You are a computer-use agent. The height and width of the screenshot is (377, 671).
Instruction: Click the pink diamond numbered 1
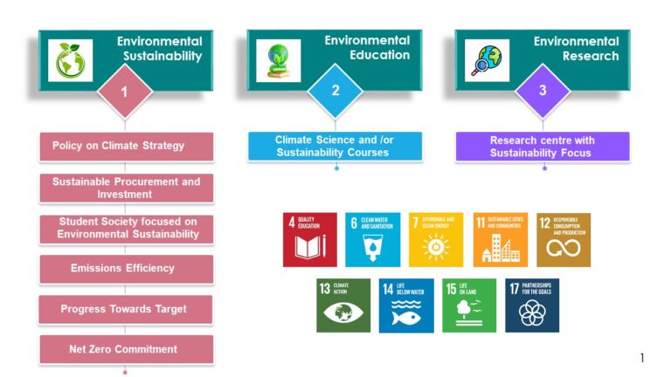point(125,91)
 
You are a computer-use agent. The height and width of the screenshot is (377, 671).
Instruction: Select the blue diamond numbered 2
point(335,91)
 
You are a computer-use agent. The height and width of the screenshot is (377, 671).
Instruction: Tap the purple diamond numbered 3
point(543,91)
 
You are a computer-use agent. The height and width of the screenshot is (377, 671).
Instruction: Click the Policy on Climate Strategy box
point(126,146)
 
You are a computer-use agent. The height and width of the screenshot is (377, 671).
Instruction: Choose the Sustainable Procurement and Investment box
point(126,188)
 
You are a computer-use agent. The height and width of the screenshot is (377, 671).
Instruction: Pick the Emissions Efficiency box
point(126,269)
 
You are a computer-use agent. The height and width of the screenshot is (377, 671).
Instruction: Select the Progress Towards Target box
point(126,310)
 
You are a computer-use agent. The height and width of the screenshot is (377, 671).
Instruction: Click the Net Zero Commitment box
point(126,350)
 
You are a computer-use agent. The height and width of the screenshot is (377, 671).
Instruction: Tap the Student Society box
point(126,229)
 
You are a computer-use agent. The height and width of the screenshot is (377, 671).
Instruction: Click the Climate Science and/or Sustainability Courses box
point(335,146)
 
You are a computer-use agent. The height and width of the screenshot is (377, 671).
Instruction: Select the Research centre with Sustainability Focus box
point(543,146)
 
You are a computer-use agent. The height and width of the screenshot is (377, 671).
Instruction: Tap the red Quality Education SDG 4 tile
point(309,239)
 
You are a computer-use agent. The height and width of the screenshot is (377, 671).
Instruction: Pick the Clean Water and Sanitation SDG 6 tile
point(372,239)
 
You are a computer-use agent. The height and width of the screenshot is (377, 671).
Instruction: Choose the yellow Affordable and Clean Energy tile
point(435,239)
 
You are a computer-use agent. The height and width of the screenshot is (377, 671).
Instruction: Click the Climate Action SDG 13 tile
point(343,305)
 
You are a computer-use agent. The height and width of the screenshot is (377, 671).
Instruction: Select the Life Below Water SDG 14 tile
point(406,305)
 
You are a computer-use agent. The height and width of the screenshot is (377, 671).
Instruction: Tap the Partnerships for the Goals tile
point(532,305)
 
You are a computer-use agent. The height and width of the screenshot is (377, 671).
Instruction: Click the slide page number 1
point(642,358)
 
